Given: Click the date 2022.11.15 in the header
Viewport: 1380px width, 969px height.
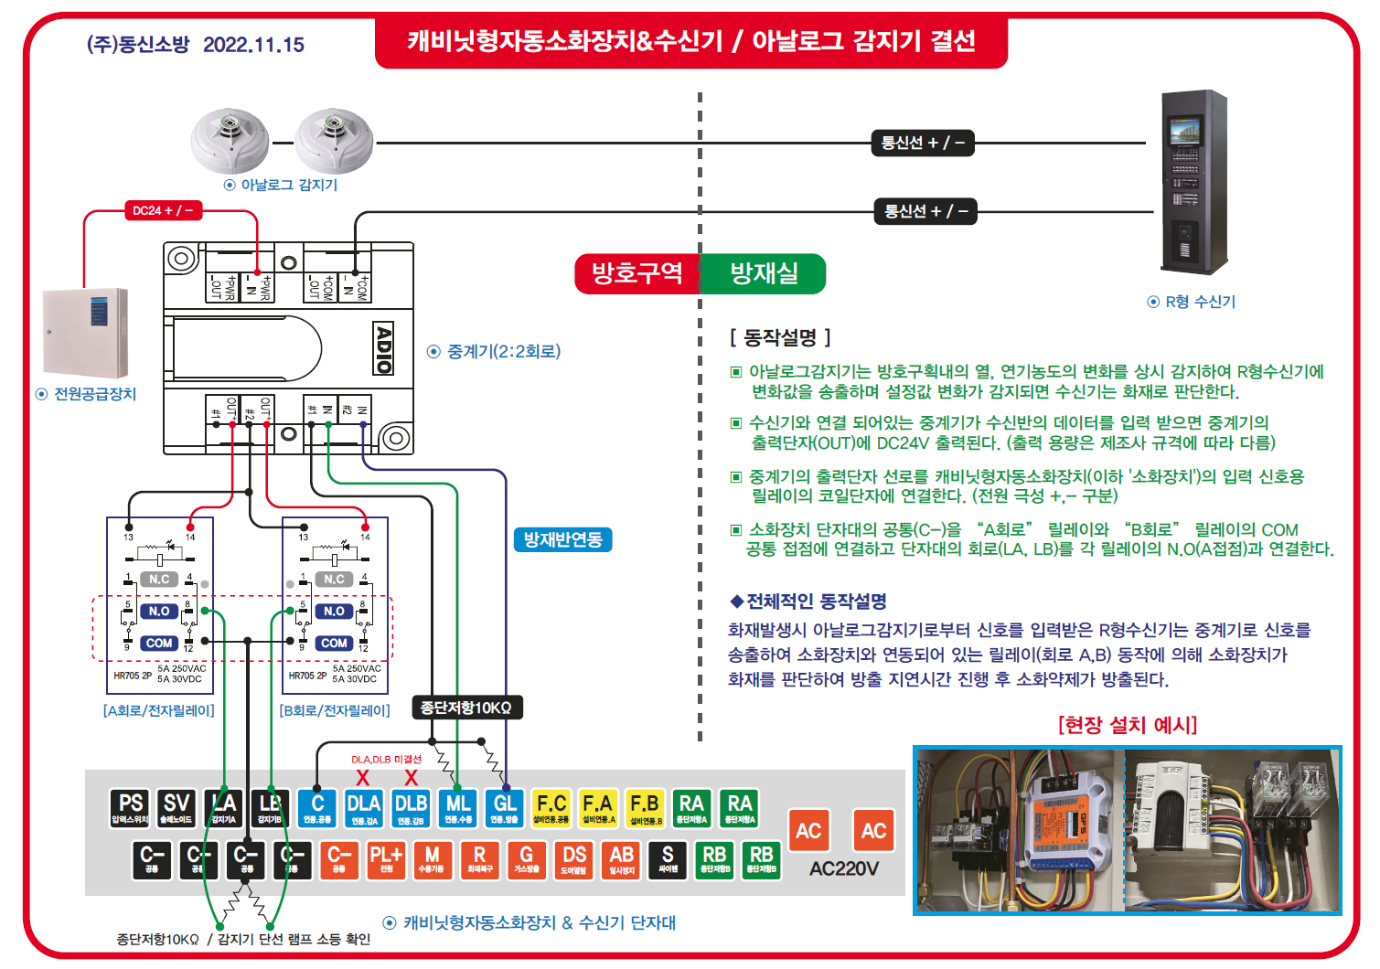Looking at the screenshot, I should coord(253,45).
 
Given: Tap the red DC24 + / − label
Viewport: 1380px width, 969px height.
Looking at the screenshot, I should coord(163,210).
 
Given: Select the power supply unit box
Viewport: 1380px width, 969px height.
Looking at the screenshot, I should coord(86,333).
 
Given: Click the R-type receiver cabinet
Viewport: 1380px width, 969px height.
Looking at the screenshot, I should coord(1193,182).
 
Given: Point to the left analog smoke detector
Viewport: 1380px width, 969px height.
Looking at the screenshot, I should coord(230,141).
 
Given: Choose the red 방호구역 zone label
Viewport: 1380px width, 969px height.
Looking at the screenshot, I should coord(637,273).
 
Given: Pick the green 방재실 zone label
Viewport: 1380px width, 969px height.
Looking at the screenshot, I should coord(764,273).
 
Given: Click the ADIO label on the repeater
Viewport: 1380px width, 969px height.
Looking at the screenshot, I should coord(384,347).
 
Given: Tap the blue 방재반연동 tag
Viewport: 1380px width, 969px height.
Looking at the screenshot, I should coord(562,539).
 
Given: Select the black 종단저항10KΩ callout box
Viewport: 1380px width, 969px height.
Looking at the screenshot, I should coord(465,708).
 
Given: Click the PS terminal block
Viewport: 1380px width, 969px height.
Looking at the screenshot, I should coord(131,808).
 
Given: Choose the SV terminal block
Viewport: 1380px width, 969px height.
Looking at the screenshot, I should coord(177,808).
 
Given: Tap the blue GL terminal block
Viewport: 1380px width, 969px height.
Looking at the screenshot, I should coord(505,808).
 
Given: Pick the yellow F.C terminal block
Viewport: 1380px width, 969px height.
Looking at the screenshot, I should coord(551,808).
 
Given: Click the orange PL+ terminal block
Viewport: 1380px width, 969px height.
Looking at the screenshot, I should coord(386,859).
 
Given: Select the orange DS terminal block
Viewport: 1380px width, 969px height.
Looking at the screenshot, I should coord(574,859).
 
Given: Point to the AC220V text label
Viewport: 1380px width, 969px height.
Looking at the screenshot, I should coord(843,868).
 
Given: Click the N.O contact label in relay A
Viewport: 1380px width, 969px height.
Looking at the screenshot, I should coord(159,611).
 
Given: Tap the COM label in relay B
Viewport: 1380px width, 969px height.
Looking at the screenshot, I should coord(334,643).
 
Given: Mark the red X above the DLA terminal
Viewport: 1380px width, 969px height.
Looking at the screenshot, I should coord(363,778).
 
